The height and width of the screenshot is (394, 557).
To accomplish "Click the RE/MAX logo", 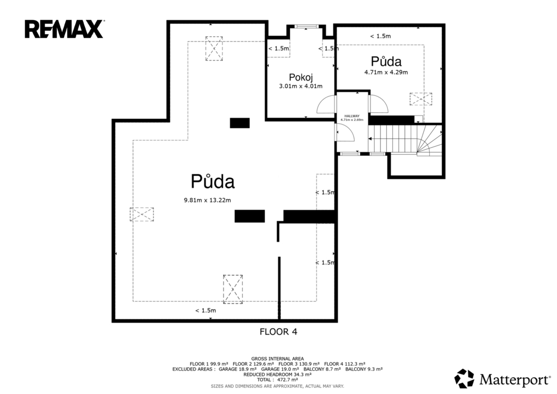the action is (x=64, y=29).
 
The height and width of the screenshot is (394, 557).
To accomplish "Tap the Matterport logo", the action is (x=502, y=379).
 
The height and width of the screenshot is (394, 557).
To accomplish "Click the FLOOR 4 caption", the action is (x=278, y=332).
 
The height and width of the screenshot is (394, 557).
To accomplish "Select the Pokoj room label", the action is (x=300, y=77).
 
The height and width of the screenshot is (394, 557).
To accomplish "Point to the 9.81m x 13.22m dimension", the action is (x=207, y=200).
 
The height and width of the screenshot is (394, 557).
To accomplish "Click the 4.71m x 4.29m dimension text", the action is (x=386, y=72).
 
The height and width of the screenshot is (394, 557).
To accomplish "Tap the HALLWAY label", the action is (x=352, y=116).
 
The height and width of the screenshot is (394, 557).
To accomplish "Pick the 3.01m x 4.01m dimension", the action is (x=301, y=86).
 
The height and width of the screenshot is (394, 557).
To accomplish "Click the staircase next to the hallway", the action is (x=405, y=139).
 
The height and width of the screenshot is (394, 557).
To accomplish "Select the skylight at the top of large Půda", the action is (x=214, y=49).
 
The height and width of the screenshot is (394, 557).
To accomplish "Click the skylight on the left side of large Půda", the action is (x=142, y=214).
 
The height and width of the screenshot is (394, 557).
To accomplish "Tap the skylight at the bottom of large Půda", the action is (x=233, y=289).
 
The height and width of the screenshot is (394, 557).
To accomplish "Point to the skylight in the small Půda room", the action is (x=421, y=99).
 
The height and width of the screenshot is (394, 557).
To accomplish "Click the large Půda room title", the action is (x=213, y=181).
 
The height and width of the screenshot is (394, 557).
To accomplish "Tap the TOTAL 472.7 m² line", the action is (x=277, y=380).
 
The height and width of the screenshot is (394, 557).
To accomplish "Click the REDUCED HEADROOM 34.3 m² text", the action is (x=277, y=374).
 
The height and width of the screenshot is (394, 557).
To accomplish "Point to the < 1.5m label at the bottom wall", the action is (x=206, y=311).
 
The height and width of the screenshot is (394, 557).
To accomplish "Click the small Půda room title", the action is (x=386, y=61).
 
